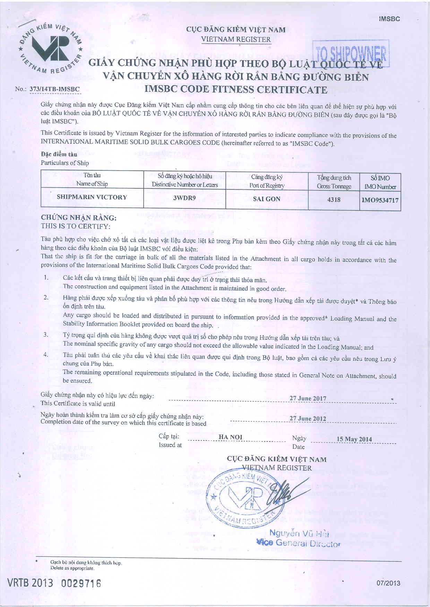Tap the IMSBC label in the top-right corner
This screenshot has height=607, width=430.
coord(389,19)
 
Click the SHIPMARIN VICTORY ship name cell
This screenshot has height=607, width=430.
coord(92,197)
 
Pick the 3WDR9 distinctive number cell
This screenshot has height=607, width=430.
coord(184,198)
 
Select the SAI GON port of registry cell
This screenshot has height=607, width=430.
coord(266,199)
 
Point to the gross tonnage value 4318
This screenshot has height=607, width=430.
coord(334,199)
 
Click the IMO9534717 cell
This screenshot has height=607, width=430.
coord(380,200)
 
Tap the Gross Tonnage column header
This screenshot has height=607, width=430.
coord(334,182)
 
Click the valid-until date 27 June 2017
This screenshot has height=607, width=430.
coord(308,398)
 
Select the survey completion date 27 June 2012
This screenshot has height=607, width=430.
coord(308,418)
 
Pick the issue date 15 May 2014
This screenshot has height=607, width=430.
coord(354,439)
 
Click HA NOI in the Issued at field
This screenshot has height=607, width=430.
coord(230,437)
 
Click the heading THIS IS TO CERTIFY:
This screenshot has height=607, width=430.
coord(75,226)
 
